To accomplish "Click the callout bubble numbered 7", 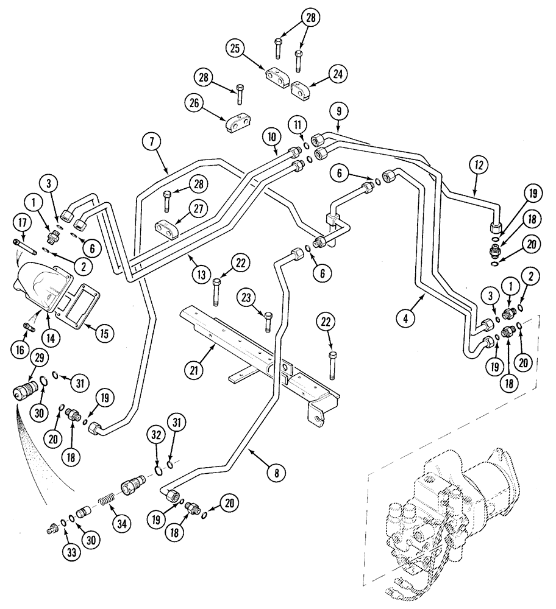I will click(152, 142).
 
